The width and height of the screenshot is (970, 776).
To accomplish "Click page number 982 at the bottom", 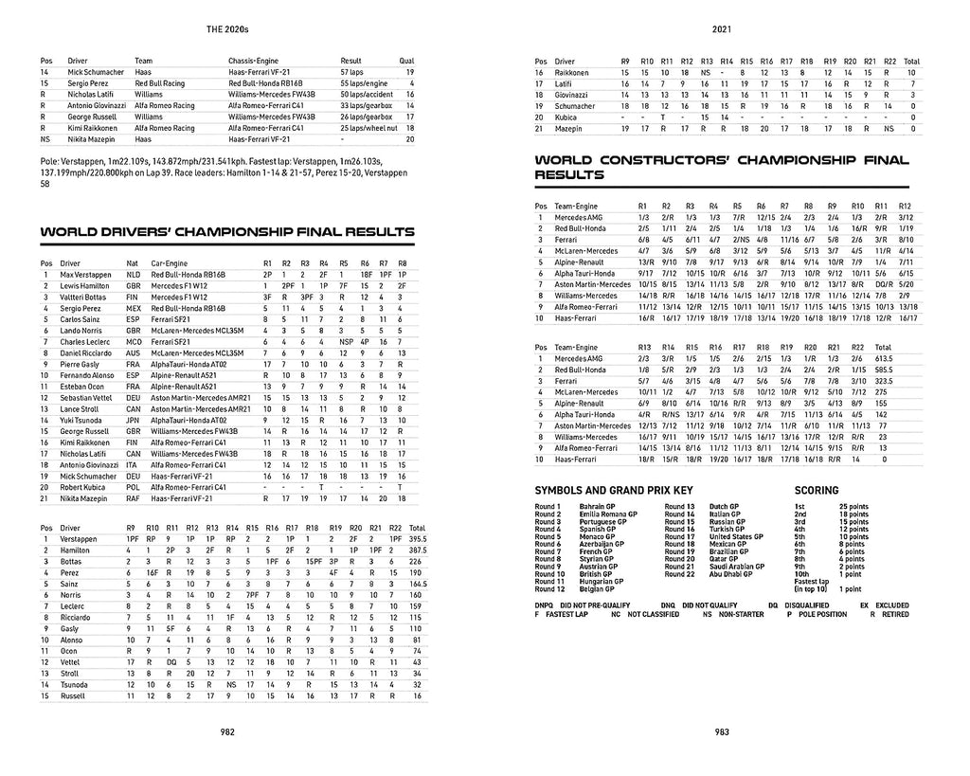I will click(x=227, y=731).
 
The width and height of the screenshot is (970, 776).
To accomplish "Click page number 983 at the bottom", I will click(x=722, y=731).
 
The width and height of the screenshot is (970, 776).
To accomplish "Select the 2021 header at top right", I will click(x=723, y=28).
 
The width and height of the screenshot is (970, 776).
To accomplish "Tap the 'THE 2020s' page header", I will click(x=227, y=28).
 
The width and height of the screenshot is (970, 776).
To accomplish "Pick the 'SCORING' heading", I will click(x=816, y=491).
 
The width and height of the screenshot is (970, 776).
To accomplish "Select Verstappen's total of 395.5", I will click(x=417, y=538).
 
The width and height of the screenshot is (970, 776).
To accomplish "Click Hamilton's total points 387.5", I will click(x=417, y=550).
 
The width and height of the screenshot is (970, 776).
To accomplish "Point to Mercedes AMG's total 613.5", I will click(x=885, y=359).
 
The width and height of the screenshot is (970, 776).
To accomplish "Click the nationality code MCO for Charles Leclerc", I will click(x=133, y=341).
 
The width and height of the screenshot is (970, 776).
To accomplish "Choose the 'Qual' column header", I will click(x=407, y=60).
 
